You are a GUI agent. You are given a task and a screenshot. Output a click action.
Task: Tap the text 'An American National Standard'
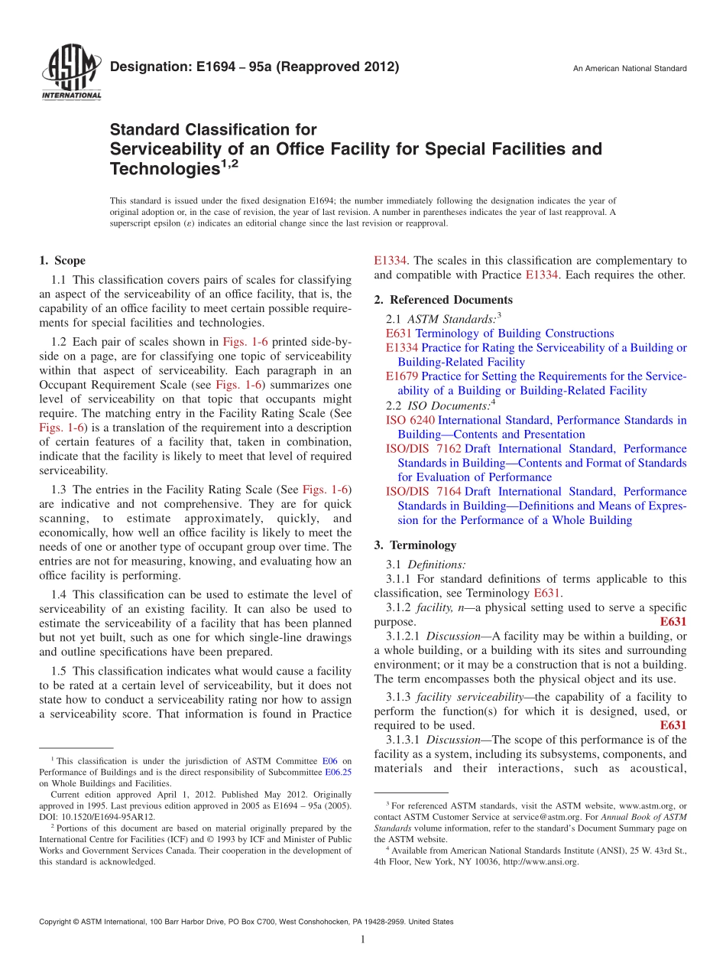pyautogui.click(x=630, y=69)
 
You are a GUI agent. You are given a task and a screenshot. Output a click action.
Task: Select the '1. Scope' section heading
pyautogui.click(x=63, y=261)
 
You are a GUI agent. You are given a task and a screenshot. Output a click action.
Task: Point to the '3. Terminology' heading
pyautogui.click(x=415, y=545)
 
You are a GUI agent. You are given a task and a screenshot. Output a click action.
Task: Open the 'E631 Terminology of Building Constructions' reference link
pyautogui.click(x=500, y=334)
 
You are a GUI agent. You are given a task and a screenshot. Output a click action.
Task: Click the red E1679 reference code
pyautogui.click(x=402, y=376)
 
